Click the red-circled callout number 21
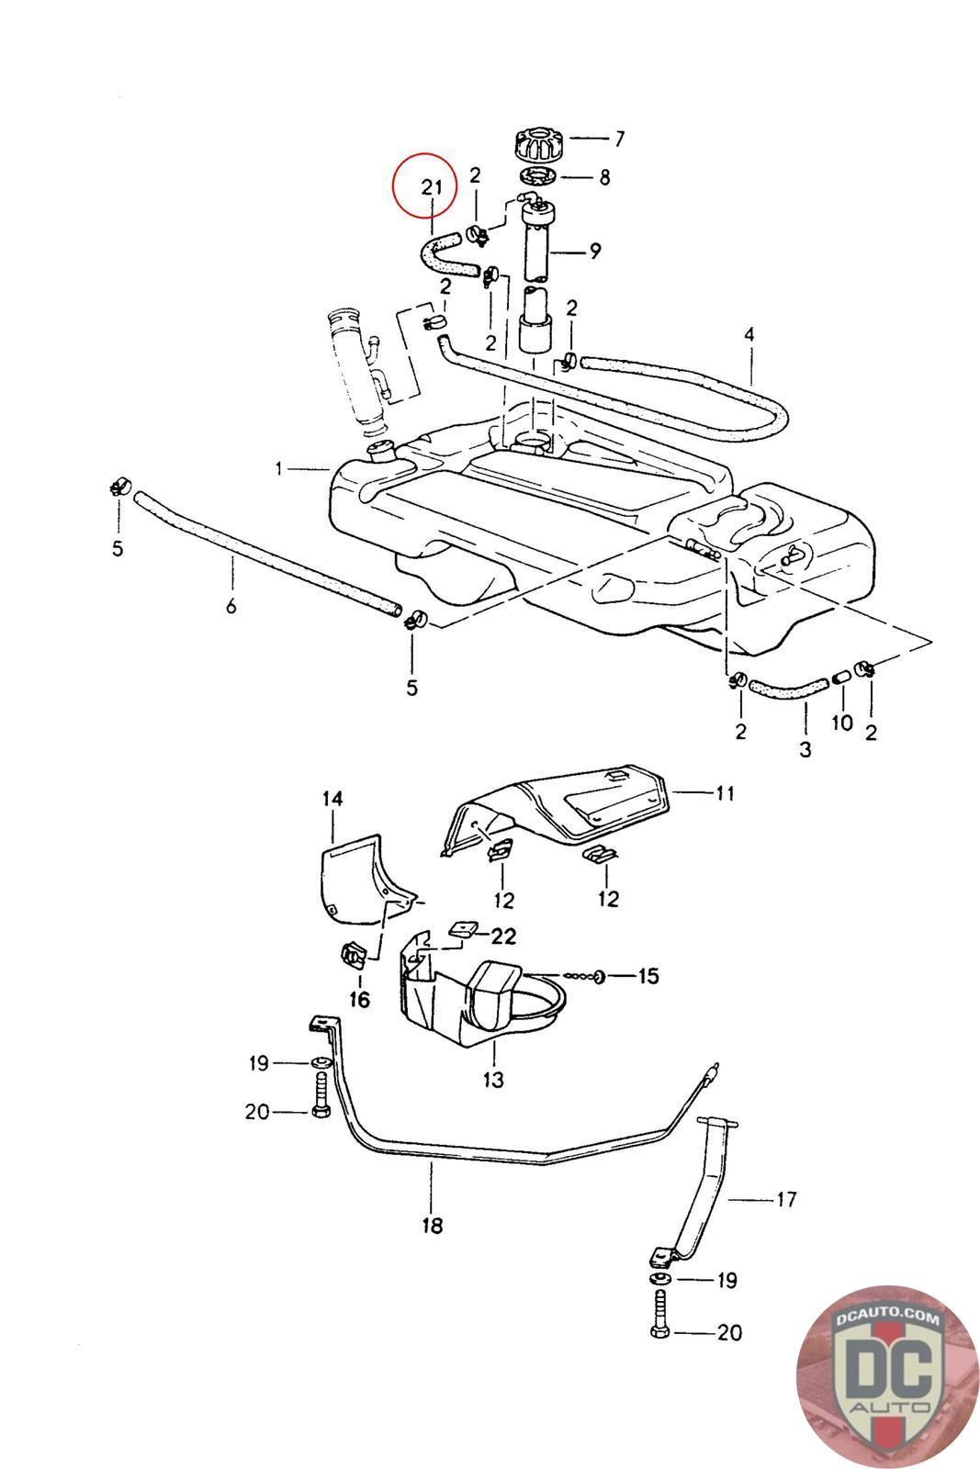[x=433, y=186]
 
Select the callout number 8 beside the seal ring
[x=603, y=177]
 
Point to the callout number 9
[x=595, y=250]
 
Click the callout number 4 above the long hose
[x=749, y=334]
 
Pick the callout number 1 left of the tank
[x=279, y=469]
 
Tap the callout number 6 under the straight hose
[x=231, y=606]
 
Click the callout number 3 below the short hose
[x=805, y=749]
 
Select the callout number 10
[x=842, y=723]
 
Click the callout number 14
[x=332, y=799]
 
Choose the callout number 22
[x=502, y=936]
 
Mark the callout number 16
[x=359, y=1000]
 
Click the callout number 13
[x=493, y=1080]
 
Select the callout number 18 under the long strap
[x=432, y=1225]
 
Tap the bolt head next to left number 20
[x=321, y=1112]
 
